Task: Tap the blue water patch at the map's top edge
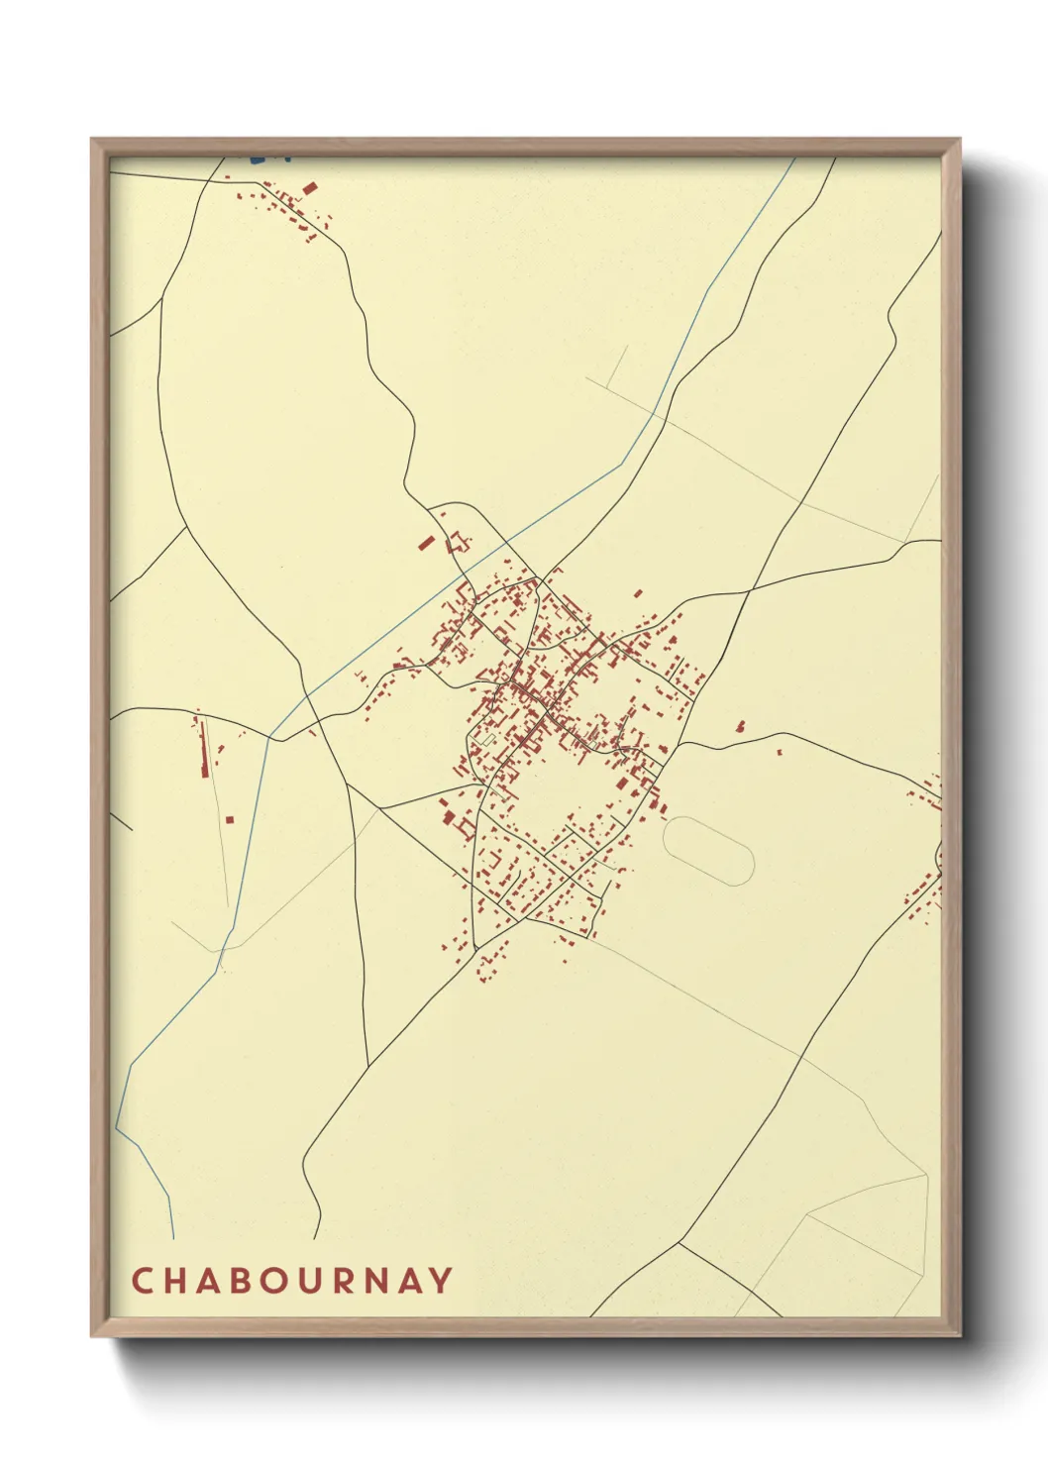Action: (x=259, y=157)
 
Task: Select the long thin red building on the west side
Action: (x=204, y=748)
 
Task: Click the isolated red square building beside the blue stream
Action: (x=230, y=819)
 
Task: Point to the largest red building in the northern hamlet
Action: (x=309, y=187)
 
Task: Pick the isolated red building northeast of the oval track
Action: (x=739, y=726)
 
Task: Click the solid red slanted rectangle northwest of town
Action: (x=427, y=543)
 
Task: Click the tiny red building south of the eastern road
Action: (x=779, y=754)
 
